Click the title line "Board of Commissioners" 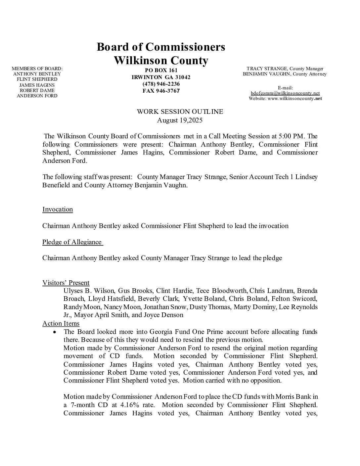[x=161, y=47]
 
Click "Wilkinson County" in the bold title [x=161, y=61]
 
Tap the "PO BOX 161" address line [x=161, y=70]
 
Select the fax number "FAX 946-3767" [x=161, y=91]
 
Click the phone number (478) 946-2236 [x=161, y=84]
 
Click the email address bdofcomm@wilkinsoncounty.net [x=285, y=93]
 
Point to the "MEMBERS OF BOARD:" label [x=37, y=69]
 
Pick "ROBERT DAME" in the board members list [x=37, y=90]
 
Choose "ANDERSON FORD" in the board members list [x=37, y=96]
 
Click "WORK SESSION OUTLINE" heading [x=180, y=112]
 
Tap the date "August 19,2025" [x=180, y=120]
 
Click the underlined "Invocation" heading [x=58, y=210]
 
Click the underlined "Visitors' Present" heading [x=66, y=283]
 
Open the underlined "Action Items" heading [x=61, y=324]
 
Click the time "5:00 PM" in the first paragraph [x=289, y=136]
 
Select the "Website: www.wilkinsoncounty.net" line [x=285, y=99]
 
